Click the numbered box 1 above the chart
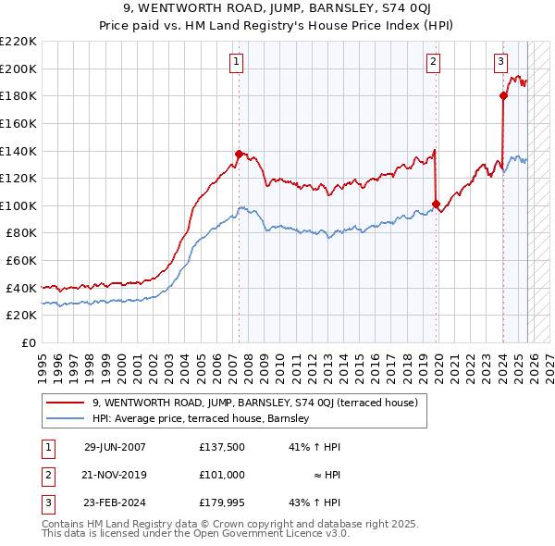click(237, 62)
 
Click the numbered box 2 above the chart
click(433, 62)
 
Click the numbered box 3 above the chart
click(500, 62)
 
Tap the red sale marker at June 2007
click(239, 154)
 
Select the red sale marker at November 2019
click(436, 204)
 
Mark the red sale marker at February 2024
click(503, 95)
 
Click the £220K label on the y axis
click(18, 42)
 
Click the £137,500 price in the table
click(221, 447)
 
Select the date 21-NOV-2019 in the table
click(115, 474)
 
